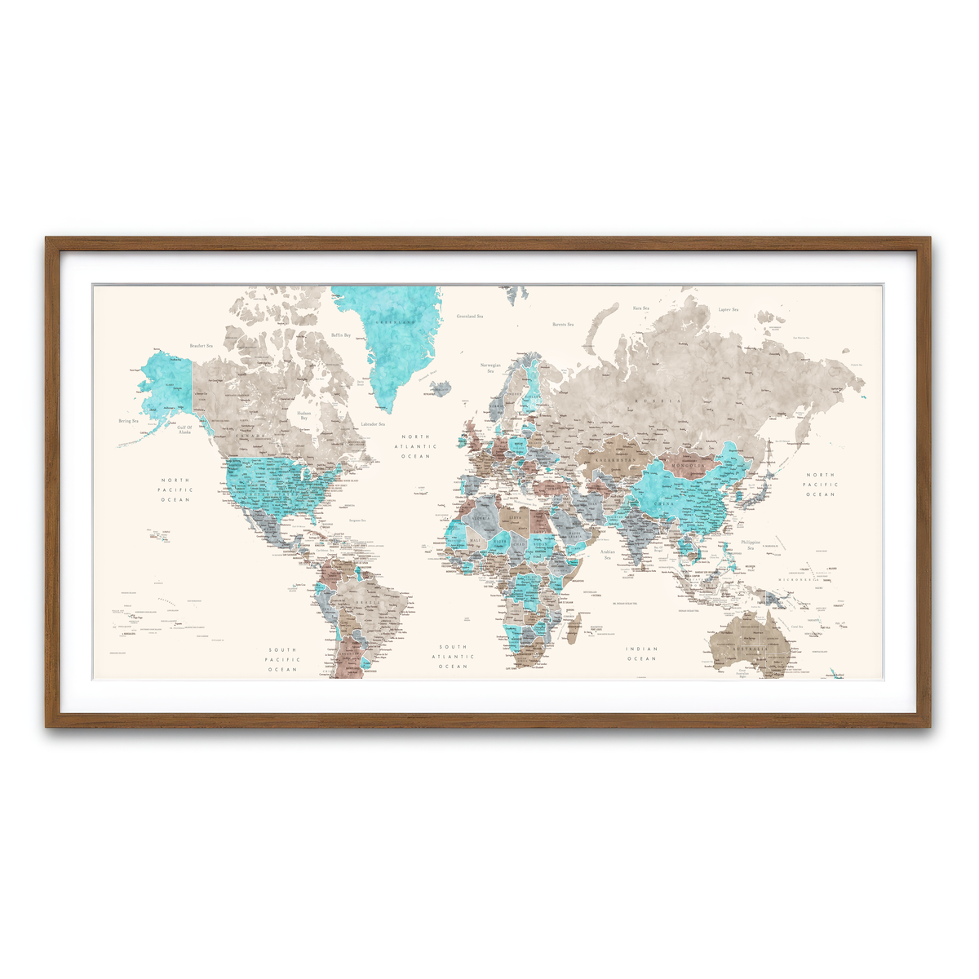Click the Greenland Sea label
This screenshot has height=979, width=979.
pos(469,316)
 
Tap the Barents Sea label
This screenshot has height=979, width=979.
pos(563,324)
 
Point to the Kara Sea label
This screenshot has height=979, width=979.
pos(640,308)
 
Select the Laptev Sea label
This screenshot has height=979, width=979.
pos(728,310)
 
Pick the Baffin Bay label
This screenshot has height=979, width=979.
pos(341,335)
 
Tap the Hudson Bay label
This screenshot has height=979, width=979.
pos(303,415)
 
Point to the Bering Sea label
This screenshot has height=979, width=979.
pos(129,421)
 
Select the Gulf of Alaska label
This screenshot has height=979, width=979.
pos(184,429)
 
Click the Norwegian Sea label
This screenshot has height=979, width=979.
pos(490,368)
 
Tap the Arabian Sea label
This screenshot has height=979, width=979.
pos(607,555)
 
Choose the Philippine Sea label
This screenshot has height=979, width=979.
pos(751,545)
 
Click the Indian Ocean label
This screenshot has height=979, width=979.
pos(641,653)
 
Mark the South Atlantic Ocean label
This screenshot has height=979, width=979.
pos(453,657)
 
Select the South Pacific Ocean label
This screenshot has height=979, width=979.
pos(283,660)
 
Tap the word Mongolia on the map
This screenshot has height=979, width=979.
pos(688,466)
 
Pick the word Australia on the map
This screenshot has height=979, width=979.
pos(751,649)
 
